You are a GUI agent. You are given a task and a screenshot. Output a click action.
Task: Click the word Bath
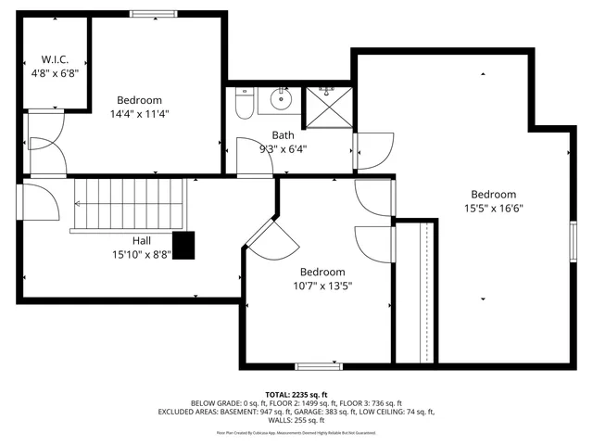(283, 134)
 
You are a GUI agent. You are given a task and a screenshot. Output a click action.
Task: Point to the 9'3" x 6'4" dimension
(283, 147)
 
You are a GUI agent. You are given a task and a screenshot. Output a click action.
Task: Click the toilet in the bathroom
(245, 105)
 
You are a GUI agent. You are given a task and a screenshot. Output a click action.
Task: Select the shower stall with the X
(327, 106)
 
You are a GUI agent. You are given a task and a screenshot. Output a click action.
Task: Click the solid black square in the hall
(185, 244)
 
